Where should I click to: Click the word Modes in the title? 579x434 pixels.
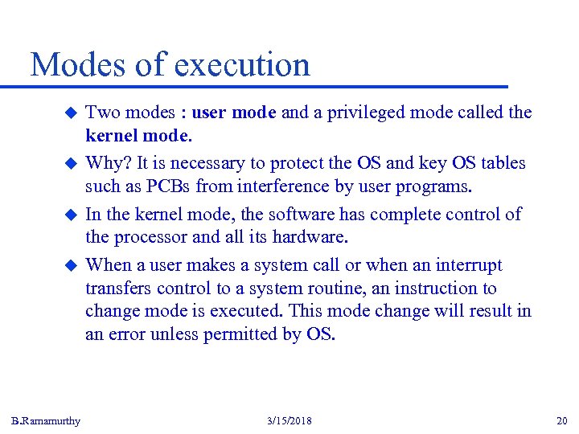[80, 64]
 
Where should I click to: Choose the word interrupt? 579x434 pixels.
[469, 265]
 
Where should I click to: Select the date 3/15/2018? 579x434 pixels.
[289, 421]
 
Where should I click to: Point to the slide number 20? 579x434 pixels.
[561, 421]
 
